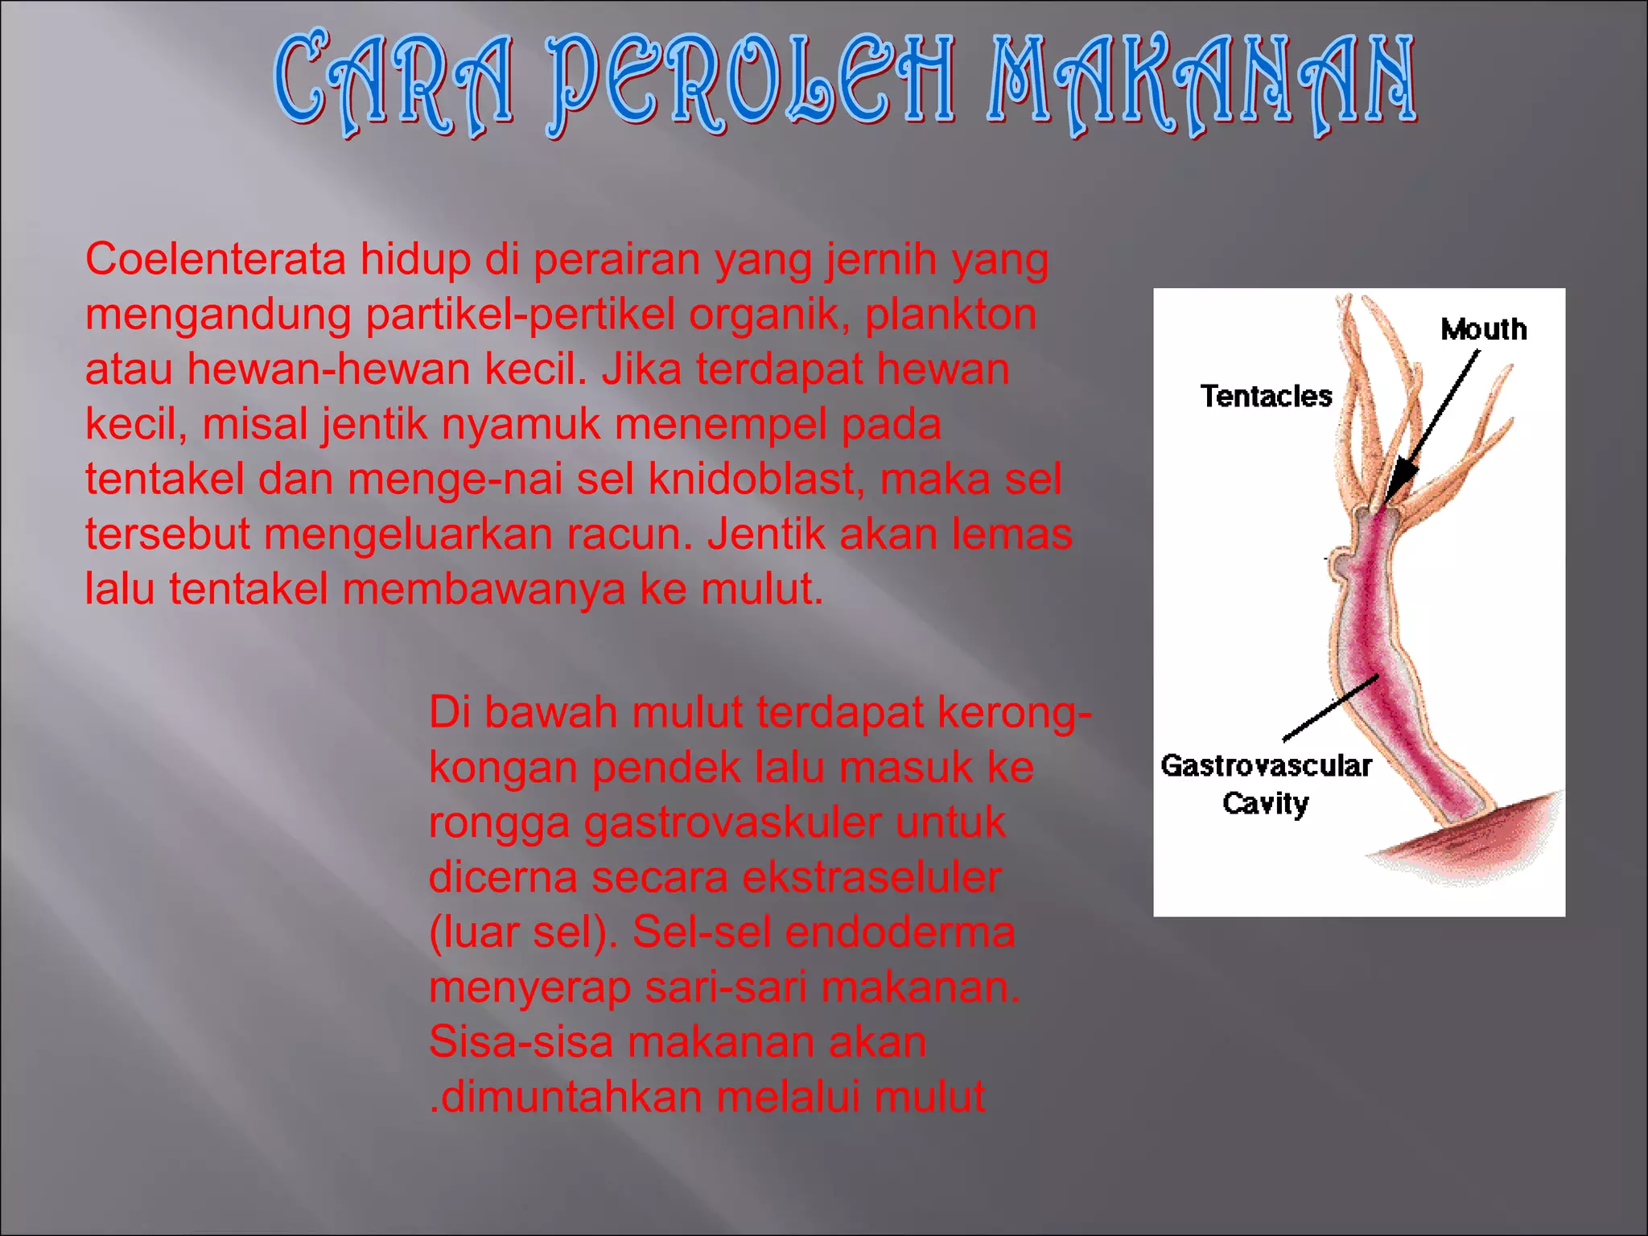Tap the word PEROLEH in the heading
(752, 84)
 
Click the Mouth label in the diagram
(1483, 329)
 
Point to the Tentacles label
(1266, 396)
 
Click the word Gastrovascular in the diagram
(1266, 765)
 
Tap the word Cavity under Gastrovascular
(1265, 803)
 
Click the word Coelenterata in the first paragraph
(216, 260)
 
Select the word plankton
(950, 315)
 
